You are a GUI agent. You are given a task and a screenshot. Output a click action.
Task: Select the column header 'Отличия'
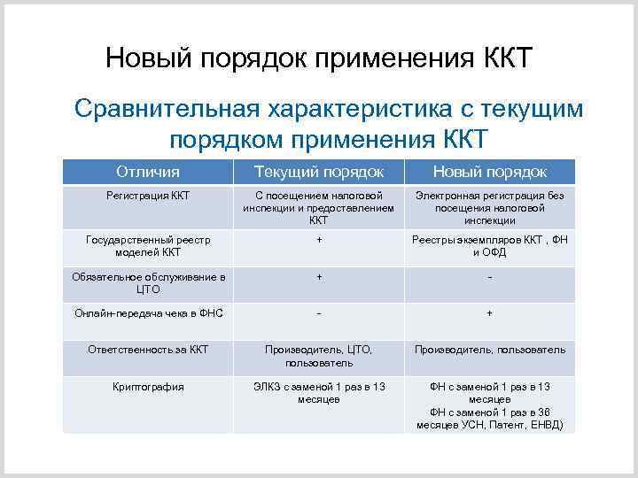147,171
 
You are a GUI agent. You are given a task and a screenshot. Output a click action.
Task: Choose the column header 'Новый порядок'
489,171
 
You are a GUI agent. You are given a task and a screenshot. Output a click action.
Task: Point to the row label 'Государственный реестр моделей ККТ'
147,245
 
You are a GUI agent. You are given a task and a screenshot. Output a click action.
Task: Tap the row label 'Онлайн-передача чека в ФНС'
148,313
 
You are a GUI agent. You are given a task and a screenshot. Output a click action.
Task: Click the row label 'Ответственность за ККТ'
147,350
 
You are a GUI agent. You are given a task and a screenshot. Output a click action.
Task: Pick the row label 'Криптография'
147,386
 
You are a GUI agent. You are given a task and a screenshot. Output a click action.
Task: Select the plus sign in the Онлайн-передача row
489,313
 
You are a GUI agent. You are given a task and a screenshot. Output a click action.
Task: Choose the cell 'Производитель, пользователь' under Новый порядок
489,350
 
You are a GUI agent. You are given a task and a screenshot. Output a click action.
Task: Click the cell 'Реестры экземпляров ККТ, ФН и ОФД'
489,245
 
